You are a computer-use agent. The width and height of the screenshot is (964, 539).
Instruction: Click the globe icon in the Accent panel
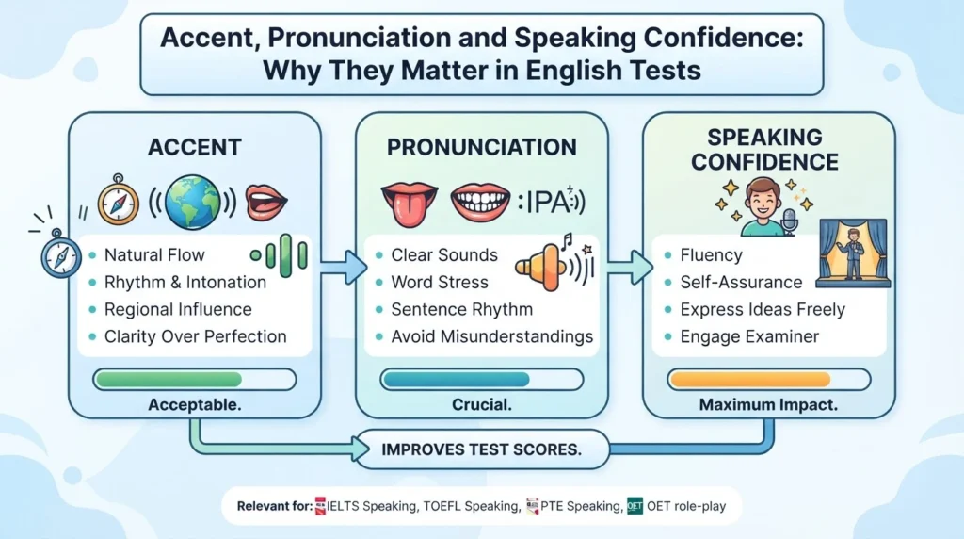click(192, 203)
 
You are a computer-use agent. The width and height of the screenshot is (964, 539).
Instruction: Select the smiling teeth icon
click(480, 202)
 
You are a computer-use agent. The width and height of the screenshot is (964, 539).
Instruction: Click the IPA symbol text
click(550, 202)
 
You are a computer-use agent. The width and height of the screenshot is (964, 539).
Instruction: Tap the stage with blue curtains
click(853, 253)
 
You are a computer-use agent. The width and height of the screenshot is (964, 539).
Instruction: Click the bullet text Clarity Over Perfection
click(196, 336)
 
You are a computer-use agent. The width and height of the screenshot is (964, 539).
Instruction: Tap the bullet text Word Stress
click(440, 283)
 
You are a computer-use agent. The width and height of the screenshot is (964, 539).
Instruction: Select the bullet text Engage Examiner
click(749, 336)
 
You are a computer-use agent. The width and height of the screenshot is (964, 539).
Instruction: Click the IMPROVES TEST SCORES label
click(481, 449)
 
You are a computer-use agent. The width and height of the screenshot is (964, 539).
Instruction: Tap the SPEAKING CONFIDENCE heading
click(764, 150)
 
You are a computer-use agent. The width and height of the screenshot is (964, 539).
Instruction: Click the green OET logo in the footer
click(635, 506)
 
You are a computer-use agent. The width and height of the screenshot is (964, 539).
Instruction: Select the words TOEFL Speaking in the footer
click(471, 506)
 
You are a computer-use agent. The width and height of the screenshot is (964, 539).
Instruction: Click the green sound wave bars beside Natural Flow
click(280, 255)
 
